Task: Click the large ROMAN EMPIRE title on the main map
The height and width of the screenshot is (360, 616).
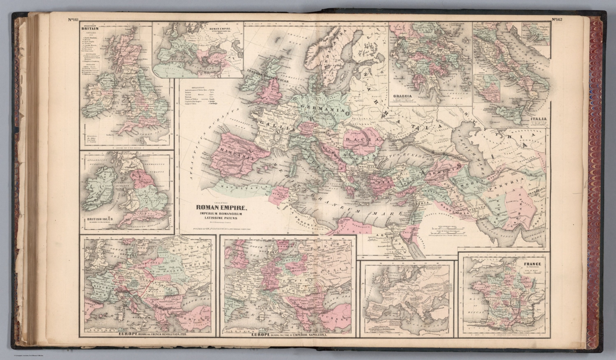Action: click(x=219, y=208)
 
